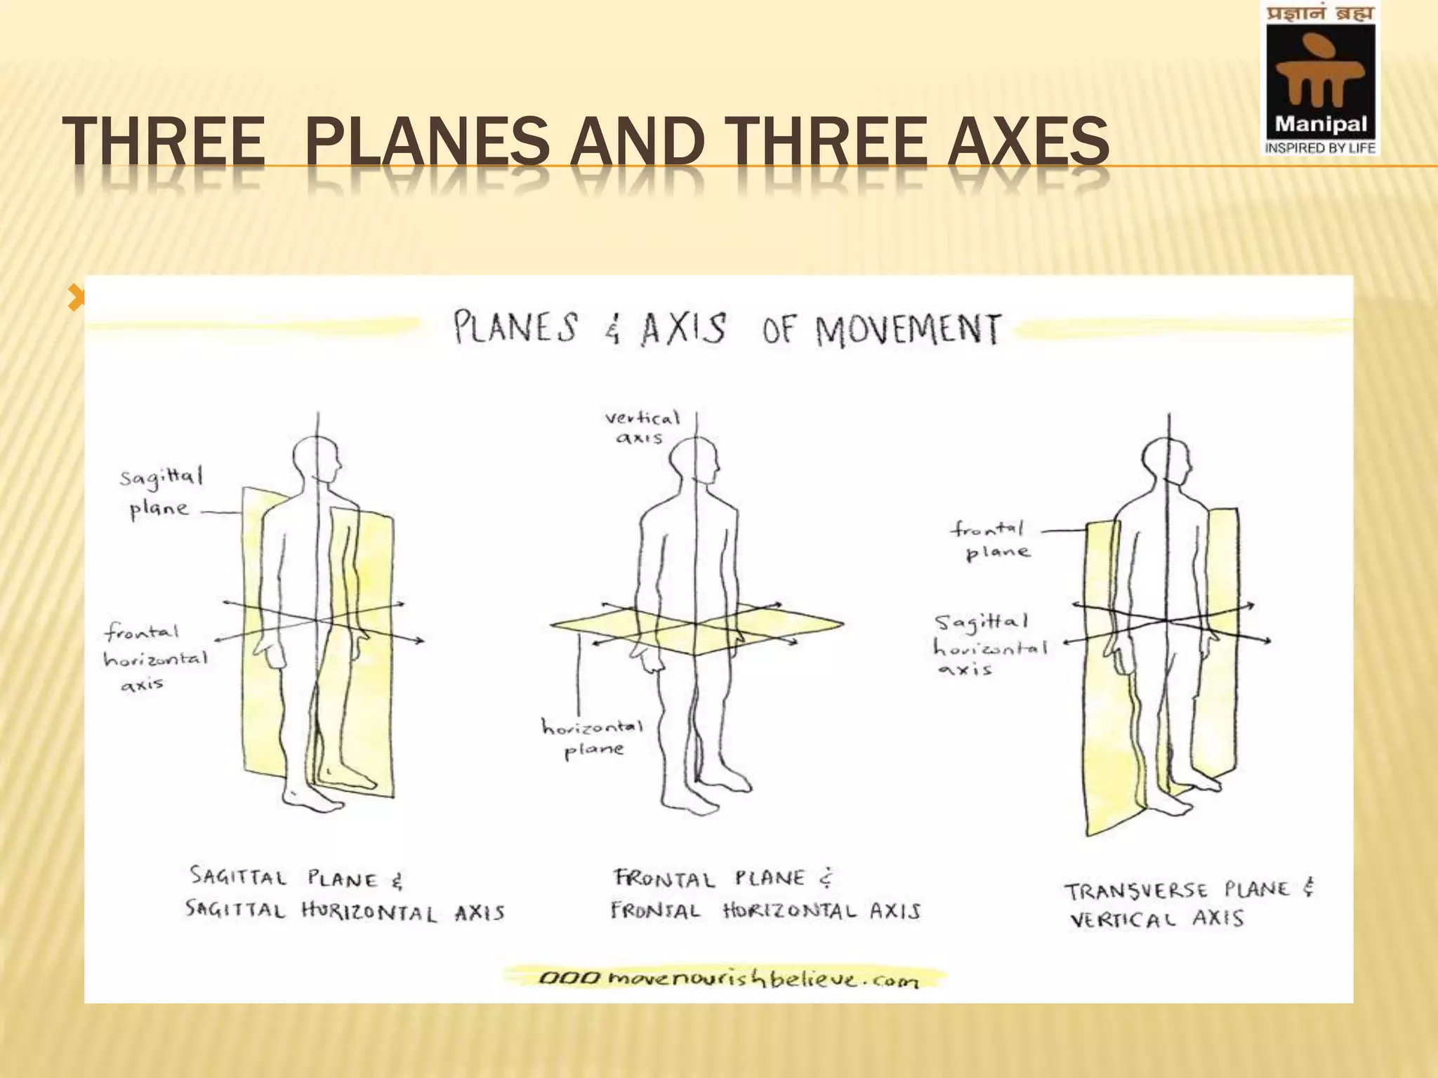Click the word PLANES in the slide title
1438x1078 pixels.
tap(428, 142)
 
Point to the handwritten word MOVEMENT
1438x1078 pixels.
tap(908, 330)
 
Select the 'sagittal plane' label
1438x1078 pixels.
tap(161, 493)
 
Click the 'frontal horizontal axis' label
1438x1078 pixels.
tap(155, 658)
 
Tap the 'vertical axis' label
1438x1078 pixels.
tap(642, 427)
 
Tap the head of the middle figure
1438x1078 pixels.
tap(694, 461)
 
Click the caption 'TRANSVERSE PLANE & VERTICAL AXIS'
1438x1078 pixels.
tap(1189, 904)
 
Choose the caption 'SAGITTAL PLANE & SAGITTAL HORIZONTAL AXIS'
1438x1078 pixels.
tap(344, 895)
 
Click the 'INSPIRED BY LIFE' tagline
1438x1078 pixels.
tap(1320, 148)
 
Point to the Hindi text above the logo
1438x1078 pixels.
tap(1320, 13)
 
